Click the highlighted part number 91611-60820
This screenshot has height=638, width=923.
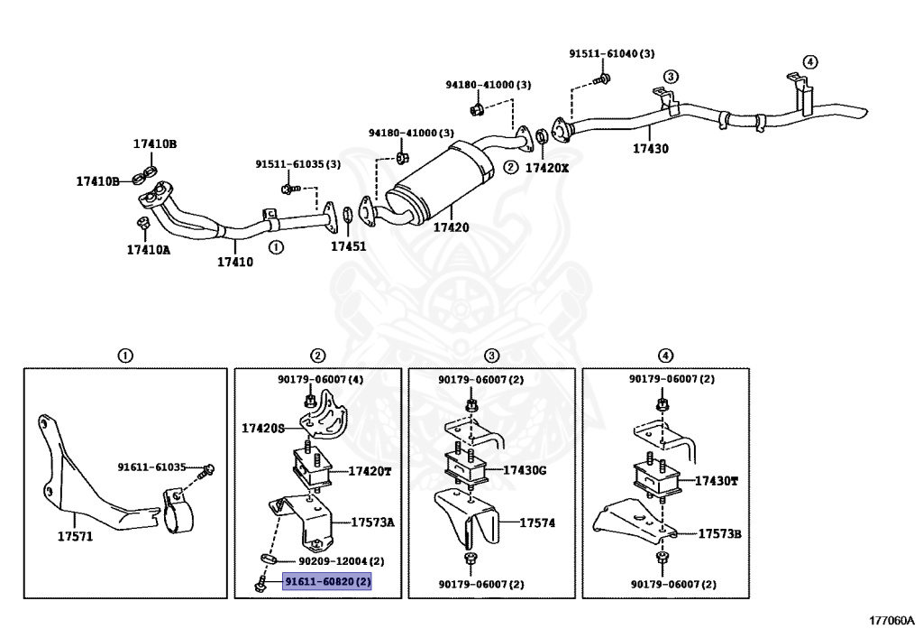328,582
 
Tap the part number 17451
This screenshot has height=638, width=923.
348,245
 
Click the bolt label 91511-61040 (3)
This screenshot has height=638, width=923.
611,54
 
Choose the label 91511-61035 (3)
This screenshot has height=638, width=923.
297,164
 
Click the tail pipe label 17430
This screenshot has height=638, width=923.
650,149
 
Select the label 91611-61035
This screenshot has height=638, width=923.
151,467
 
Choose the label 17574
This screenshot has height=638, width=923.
537,522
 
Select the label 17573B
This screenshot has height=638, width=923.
719,533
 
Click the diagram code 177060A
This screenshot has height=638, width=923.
891,620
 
